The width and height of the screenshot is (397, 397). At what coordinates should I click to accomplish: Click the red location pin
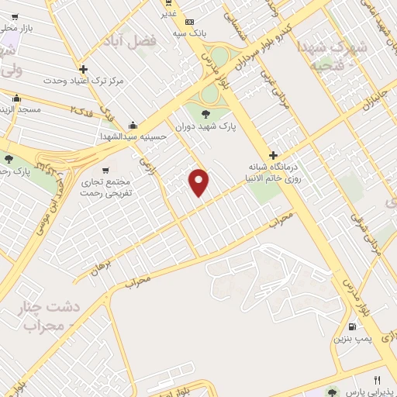(x=199, y=182)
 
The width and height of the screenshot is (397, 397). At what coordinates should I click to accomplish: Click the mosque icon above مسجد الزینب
(x=16, y=98)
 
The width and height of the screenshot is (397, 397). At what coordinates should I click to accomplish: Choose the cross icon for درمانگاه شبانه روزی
(x=273, y=155)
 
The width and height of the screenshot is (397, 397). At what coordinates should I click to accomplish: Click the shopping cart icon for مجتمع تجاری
(x=105, y=169)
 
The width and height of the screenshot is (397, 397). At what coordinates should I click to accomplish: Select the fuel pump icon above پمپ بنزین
(x=354, y=327)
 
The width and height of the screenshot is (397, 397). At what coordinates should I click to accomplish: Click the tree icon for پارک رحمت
(x=9, y=158)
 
